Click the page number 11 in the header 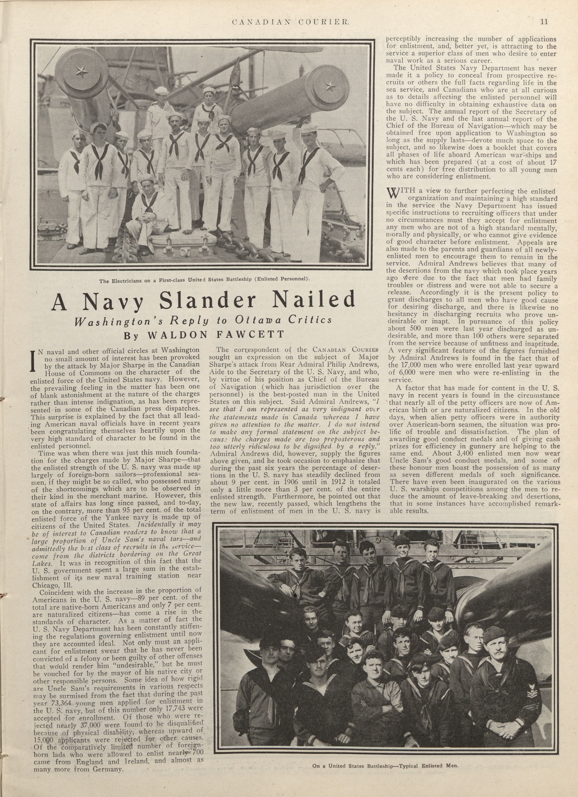[x=544, y=22]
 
